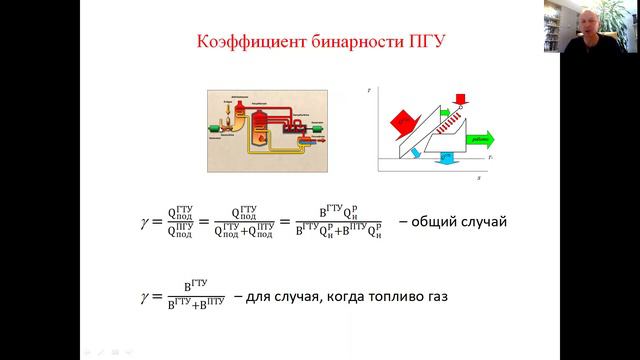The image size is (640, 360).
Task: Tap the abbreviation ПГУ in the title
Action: [x=422, y=45]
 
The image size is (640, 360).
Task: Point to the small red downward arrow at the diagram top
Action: [x=461, y=98]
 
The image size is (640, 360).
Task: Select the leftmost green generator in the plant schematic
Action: [x=217, y=128]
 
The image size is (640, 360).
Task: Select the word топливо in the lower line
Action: [x=382, y=297]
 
